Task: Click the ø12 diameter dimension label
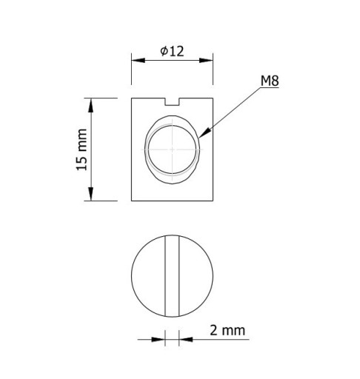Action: pos(172,51)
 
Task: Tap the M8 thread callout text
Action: pos(270,81)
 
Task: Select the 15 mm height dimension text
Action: pos(82,150)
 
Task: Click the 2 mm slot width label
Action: pos(227,330)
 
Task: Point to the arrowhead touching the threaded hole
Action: pos(203,133)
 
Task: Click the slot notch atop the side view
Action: pos(172,101)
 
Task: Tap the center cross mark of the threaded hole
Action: pos(172,150)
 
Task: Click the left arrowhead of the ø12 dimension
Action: pos(139,61)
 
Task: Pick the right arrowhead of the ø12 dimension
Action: pos(206,61)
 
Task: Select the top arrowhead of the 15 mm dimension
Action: pos(91,105)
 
